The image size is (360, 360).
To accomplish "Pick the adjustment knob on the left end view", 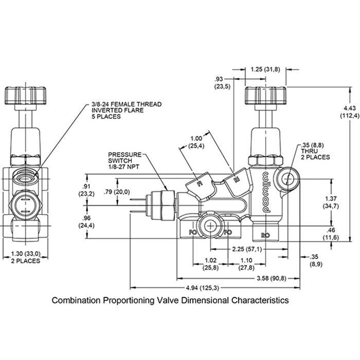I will click(x=26, y=95).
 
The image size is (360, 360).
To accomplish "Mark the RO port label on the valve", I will click(x=266, y=235).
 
